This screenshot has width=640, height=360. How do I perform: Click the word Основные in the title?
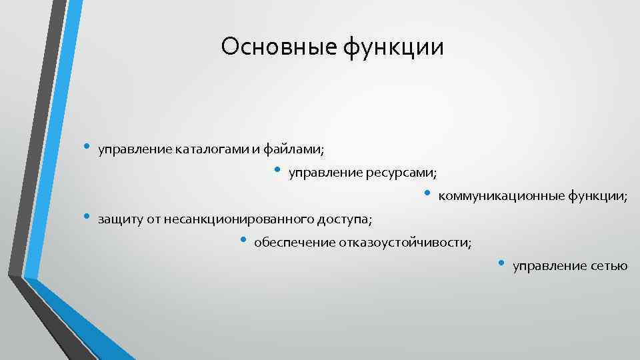coord(279,47)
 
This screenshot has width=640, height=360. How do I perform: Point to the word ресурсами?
coord(402,174)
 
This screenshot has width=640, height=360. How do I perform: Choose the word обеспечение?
coord(290,243)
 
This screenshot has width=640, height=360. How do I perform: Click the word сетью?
coord(609,266)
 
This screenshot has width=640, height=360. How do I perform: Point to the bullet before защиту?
coord(85,217)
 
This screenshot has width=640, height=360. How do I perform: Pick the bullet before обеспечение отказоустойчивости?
coord(243,240)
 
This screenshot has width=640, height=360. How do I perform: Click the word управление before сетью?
coord(549,267)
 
